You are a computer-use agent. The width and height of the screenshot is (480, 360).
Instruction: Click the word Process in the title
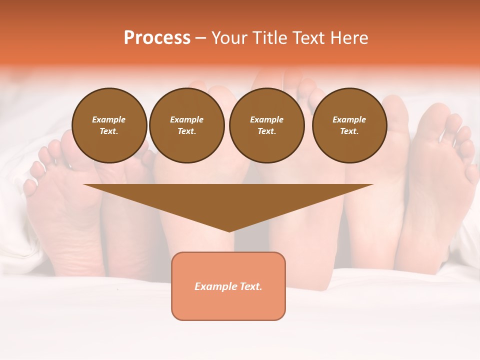point(157,38)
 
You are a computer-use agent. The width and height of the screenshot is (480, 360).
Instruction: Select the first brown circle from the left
point(109,125)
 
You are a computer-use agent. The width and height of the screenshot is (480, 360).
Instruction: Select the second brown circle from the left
point(187,125)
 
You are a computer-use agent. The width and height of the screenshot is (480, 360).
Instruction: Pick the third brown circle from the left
point(267,125)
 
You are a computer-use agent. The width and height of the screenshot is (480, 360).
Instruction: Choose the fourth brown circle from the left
point(349,125)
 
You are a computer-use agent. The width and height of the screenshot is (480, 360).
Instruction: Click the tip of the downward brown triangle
point(229,230)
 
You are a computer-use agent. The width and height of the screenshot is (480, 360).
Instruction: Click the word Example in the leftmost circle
point(109,119)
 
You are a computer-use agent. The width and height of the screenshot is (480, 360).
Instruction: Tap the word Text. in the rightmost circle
point(349,131)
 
